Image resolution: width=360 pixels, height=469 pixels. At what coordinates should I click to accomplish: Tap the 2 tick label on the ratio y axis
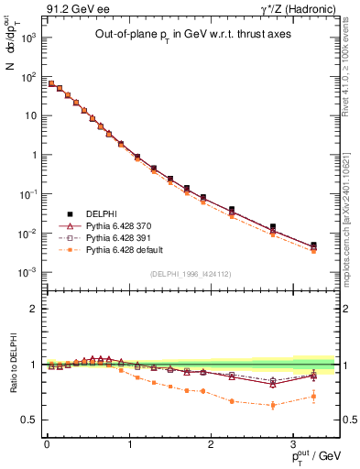35,309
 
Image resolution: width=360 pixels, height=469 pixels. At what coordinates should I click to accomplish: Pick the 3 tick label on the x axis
292,444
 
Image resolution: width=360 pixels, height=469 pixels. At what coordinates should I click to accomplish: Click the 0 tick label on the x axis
47,444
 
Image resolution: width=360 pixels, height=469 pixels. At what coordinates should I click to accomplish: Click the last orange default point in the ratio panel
313,396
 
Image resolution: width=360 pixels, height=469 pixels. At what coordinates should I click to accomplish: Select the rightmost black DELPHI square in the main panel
313,245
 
